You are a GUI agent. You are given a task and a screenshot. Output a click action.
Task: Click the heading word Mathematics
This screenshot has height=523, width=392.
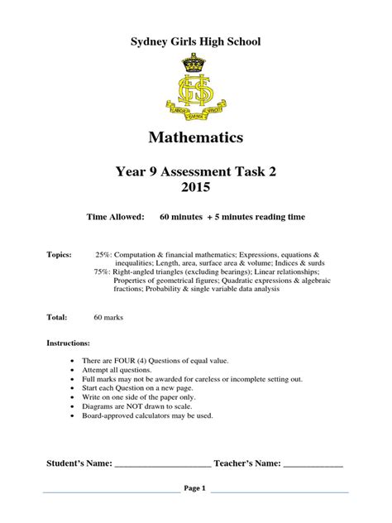196,135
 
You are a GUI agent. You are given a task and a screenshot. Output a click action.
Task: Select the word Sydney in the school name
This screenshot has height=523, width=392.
147,41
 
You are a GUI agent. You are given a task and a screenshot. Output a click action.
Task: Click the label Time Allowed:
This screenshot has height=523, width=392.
116,217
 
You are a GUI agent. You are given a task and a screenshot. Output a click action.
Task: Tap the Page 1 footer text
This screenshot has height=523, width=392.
196,488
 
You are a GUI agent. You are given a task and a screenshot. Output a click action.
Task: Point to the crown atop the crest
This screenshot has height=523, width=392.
197,62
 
